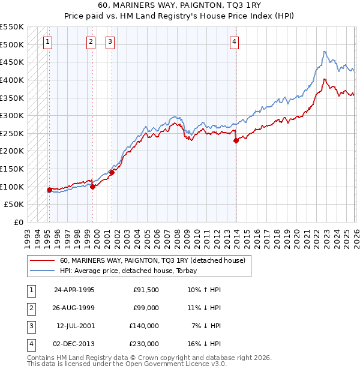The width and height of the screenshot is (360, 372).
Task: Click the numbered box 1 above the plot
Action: click(47, 41)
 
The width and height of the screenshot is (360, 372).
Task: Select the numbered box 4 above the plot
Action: click(235, 41)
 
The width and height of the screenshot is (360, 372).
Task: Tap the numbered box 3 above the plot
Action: click(111, 41)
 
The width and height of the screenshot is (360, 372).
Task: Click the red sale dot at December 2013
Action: click(236, 141)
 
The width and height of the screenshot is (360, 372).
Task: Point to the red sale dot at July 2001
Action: click(112, 173)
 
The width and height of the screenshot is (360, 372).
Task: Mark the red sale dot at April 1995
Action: click(49, 190)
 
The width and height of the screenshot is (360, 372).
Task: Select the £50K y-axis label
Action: click(14, 205)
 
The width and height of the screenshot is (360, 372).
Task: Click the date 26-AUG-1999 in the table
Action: click(74, 308)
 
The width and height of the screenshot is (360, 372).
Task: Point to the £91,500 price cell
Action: click(146, 290)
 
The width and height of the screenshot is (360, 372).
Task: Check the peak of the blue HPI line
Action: click(324, 52)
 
